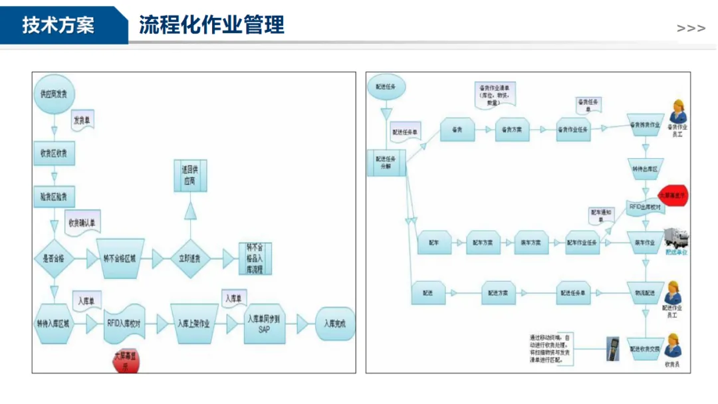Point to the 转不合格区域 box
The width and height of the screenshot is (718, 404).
tap(120, 258)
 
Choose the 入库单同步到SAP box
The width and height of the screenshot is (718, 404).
tap(264, 324)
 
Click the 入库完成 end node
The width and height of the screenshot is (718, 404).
tap(335, 324)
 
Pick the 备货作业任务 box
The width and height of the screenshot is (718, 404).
tap(572, 130)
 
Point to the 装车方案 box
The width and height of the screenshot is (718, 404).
tap(531, 243)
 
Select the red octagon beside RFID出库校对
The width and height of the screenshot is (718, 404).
tap(673, 195)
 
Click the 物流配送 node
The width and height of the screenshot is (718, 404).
tap(643, 292)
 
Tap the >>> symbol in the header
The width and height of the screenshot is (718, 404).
tap(691, 29)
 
